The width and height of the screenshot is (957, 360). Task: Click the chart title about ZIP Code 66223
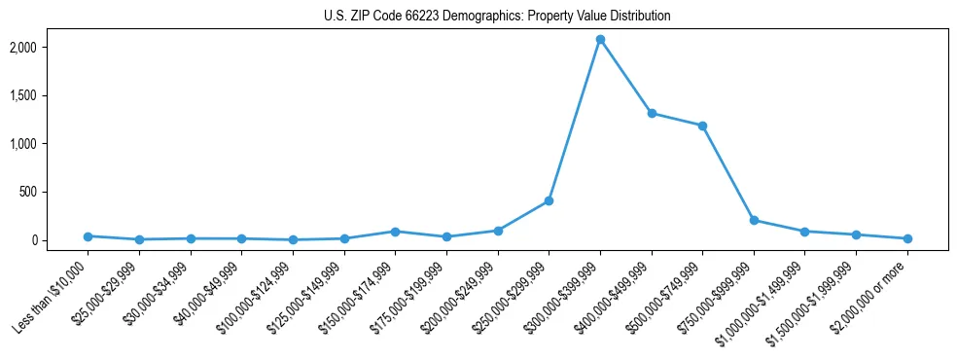[497, 17]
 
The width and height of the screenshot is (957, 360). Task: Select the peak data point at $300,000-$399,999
[600, 40]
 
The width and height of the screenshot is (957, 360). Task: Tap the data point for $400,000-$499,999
[652, 113]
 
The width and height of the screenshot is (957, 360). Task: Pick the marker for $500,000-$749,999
[702, 126]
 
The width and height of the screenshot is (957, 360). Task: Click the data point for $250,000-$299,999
[549, 200]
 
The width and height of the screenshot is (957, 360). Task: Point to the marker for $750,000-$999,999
[754, 220]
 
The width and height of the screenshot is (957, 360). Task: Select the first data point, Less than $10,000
[89, 236]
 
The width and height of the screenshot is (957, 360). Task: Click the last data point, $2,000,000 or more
[907, 238]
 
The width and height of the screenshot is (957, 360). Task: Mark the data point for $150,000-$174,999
[395, 232]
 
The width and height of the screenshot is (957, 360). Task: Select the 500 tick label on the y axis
[54, 192]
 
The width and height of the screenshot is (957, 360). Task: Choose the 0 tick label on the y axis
[60, 240]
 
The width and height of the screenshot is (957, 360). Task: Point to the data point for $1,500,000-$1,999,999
[856, 234]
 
